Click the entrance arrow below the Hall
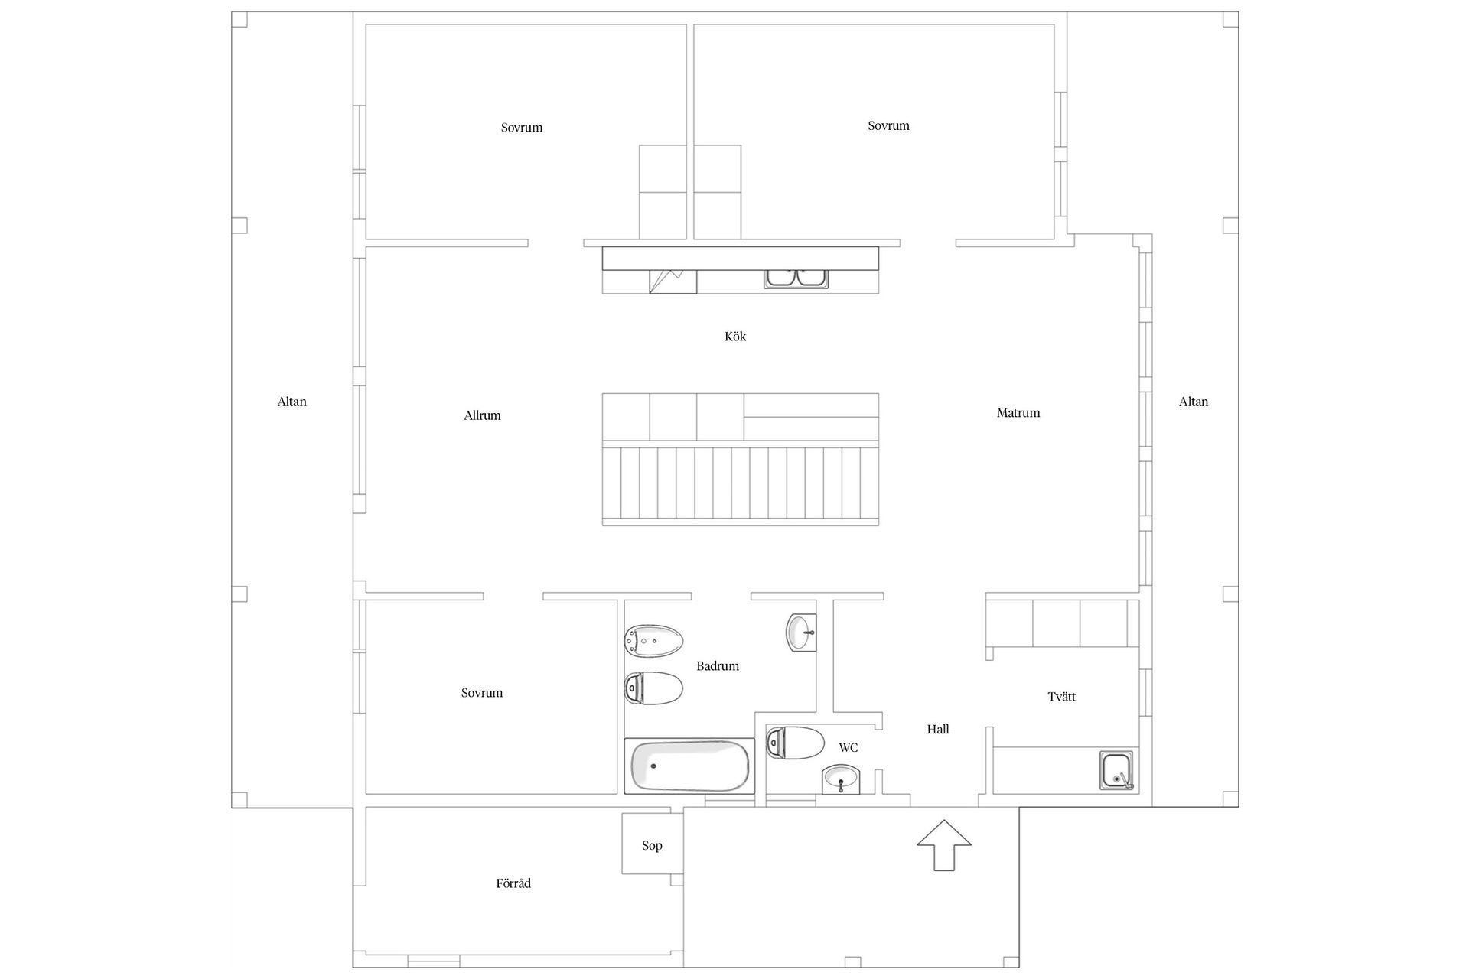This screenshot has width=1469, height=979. tap(944, 844)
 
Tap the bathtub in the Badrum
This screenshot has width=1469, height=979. tap(689, 766)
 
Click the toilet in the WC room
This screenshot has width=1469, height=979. tap(795, 743)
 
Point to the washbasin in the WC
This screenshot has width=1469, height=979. tap(841, 780)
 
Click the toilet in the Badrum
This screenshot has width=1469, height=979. tap(653, 688)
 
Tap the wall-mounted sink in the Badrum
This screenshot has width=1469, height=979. tap(801, 632)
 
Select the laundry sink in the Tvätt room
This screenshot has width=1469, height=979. tap(1117, 770)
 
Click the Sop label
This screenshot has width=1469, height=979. tap(652, 845)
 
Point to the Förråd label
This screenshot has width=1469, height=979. tap(513, 883)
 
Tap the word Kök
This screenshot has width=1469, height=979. tap(735, 337)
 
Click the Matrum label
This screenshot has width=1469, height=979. tap(1018, 413)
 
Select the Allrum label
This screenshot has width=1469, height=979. tap(482, 416)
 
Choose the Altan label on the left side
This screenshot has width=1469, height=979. tap(292, 402)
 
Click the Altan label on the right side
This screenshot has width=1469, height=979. tap(1194, 402)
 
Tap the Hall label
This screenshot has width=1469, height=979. tap(938, 730)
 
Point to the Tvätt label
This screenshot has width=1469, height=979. tap(1062, 697)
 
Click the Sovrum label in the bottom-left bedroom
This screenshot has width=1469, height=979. tap(482, 693)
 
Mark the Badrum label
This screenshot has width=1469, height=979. tap(718, 666)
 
